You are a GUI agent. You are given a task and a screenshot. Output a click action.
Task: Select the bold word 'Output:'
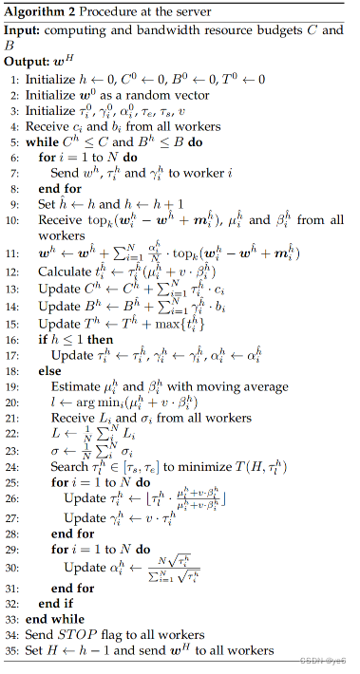(27, 63)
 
